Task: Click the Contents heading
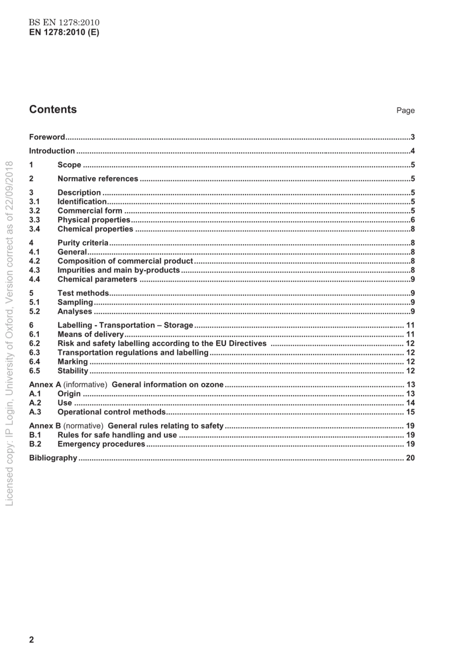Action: (53, 110)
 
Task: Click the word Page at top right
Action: (405, 111)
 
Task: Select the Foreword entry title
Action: (47, 137)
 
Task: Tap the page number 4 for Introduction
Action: (412, 151)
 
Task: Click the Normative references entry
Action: (98, 179)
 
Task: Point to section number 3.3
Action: (34, 220)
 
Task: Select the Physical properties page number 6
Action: (412, 220)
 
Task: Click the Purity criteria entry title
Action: (83, 243)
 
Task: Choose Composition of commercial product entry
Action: (125, 261)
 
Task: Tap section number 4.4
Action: (34, 280)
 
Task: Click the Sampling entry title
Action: (75, 303)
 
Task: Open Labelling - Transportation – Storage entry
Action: (125, 325)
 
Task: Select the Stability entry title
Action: (72, 371)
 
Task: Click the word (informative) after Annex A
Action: (85, 385)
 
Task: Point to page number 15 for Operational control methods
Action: (410, 412)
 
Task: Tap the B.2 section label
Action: (35, 444)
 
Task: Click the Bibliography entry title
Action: (53, 458)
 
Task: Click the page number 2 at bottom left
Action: (32, 640)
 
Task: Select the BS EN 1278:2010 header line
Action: (64, 23)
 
